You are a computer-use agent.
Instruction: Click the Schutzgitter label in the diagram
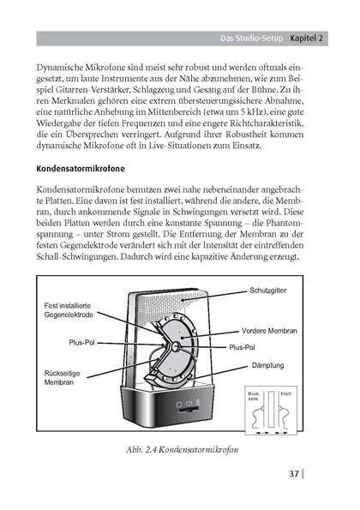(268, 291)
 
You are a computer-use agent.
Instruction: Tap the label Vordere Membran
(269, 331)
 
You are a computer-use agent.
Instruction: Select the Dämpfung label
(268, 365)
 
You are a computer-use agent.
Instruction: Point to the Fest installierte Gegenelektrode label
(69, 310)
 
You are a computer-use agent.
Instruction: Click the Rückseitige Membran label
(62, 378)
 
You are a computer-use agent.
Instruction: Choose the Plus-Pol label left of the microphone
(81, 343)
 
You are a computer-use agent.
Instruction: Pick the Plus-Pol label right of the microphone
(242, 347)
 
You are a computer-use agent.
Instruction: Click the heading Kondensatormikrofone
(81, 169)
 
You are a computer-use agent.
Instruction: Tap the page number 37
(294, 473)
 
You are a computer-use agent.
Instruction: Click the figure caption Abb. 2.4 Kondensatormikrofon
(182, 450)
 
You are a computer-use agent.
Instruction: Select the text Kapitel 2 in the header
(307, 39)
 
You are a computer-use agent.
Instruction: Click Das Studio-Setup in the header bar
(252, 39)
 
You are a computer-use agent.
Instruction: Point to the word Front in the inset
(286, 393)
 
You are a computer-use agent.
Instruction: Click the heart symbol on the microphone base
(189, 404)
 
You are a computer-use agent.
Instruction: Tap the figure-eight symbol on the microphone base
(198, 402)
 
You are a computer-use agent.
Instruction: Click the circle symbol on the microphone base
(179, 405)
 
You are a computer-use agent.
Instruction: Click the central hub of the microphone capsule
(176, 346)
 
